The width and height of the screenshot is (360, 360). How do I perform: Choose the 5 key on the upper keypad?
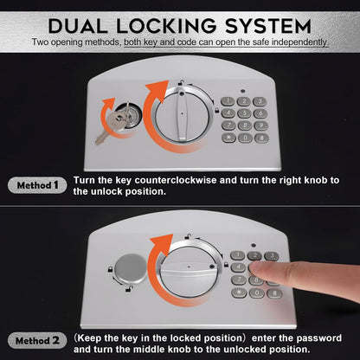click(x=245, y=112)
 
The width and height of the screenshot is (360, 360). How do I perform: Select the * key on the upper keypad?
click(x=228, y=138)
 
